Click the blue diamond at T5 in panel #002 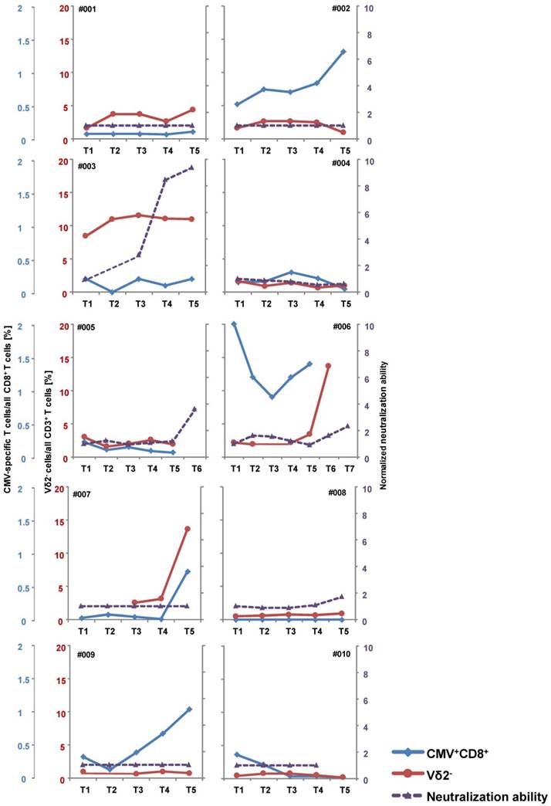[x=343, y=52]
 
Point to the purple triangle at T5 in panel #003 [x=192, y=168]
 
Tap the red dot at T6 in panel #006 [x=328, y=366]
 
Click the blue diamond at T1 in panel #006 [x=234, y=324]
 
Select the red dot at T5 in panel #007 [x=188, y=529]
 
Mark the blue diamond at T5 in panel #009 [x=189, y=709]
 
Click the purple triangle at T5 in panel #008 [x=343, y=597]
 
